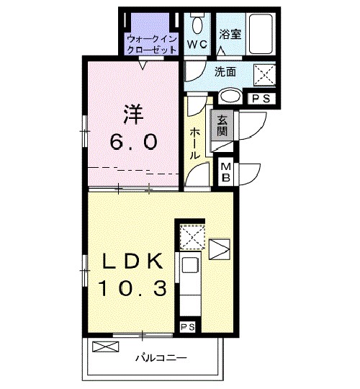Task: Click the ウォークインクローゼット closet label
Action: click(x=150, y=43)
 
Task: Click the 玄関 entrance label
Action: click(x=221, y=127)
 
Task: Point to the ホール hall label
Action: click(x=195, y=143)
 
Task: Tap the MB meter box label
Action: click(x=225, y=171)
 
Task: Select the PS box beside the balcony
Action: click(x=187, y=327)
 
